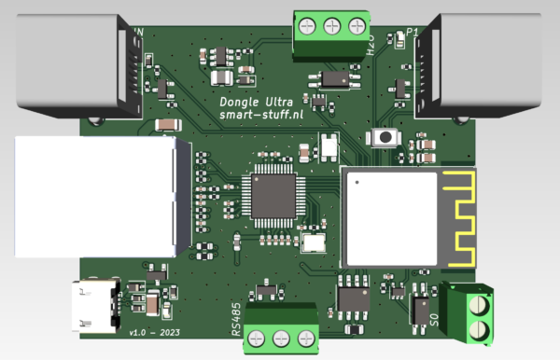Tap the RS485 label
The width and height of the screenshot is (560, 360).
236,319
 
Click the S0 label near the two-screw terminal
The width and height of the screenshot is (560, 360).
433,320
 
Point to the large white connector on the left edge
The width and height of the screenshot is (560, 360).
93,197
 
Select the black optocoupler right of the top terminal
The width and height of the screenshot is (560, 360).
333,77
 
